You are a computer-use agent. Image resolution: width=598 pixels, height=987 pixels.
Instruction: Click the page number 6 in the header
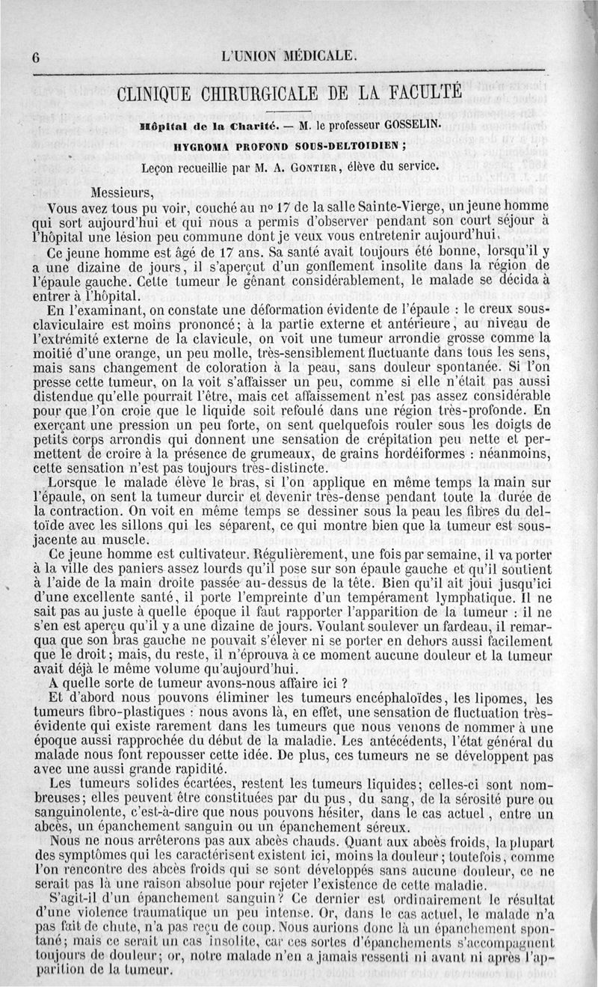35,58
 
